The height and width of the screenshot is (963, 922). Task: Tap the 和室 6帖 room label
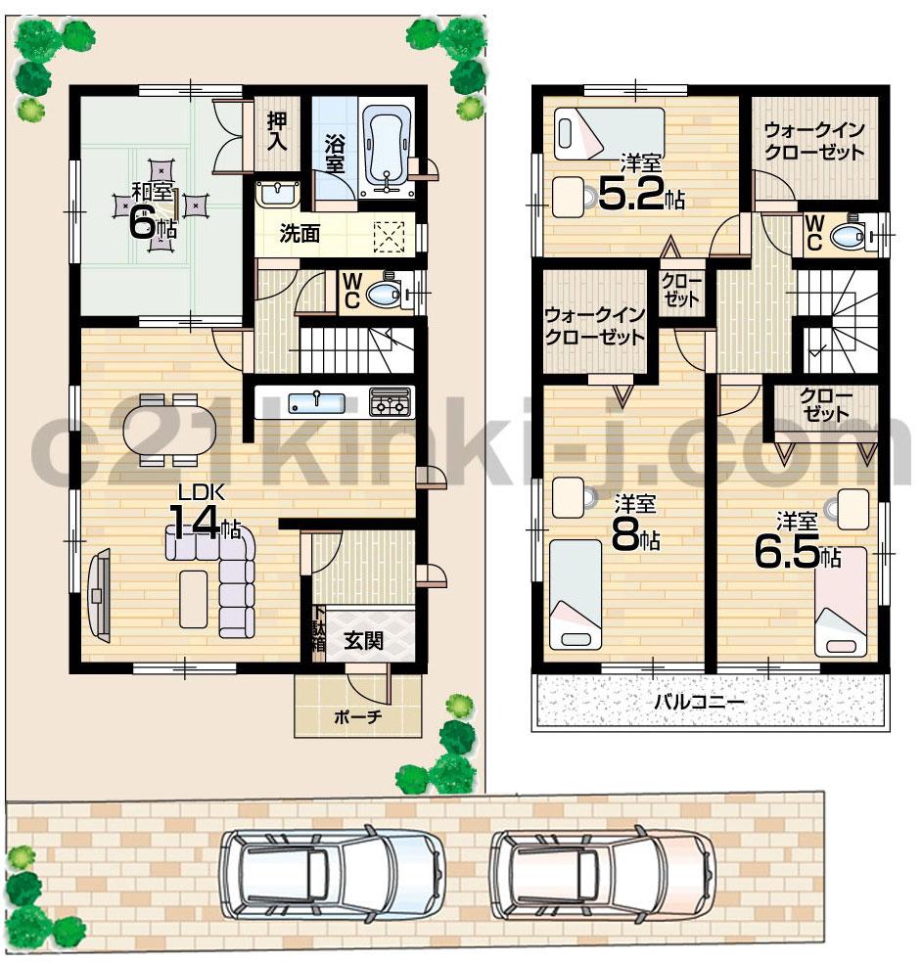pos(155,211)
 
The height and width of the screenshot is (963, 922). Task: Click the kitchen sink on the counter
pos(315,401)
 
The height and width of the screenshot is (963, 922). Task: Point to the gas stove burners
pos(390,401)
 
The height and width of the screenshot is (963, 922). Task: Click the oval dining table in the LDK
pos(166,429)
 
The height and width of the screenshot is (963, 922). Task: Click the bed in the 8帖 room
pos(575,594)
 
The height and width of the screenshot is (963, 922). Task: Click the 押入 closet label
pos(277,131)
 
